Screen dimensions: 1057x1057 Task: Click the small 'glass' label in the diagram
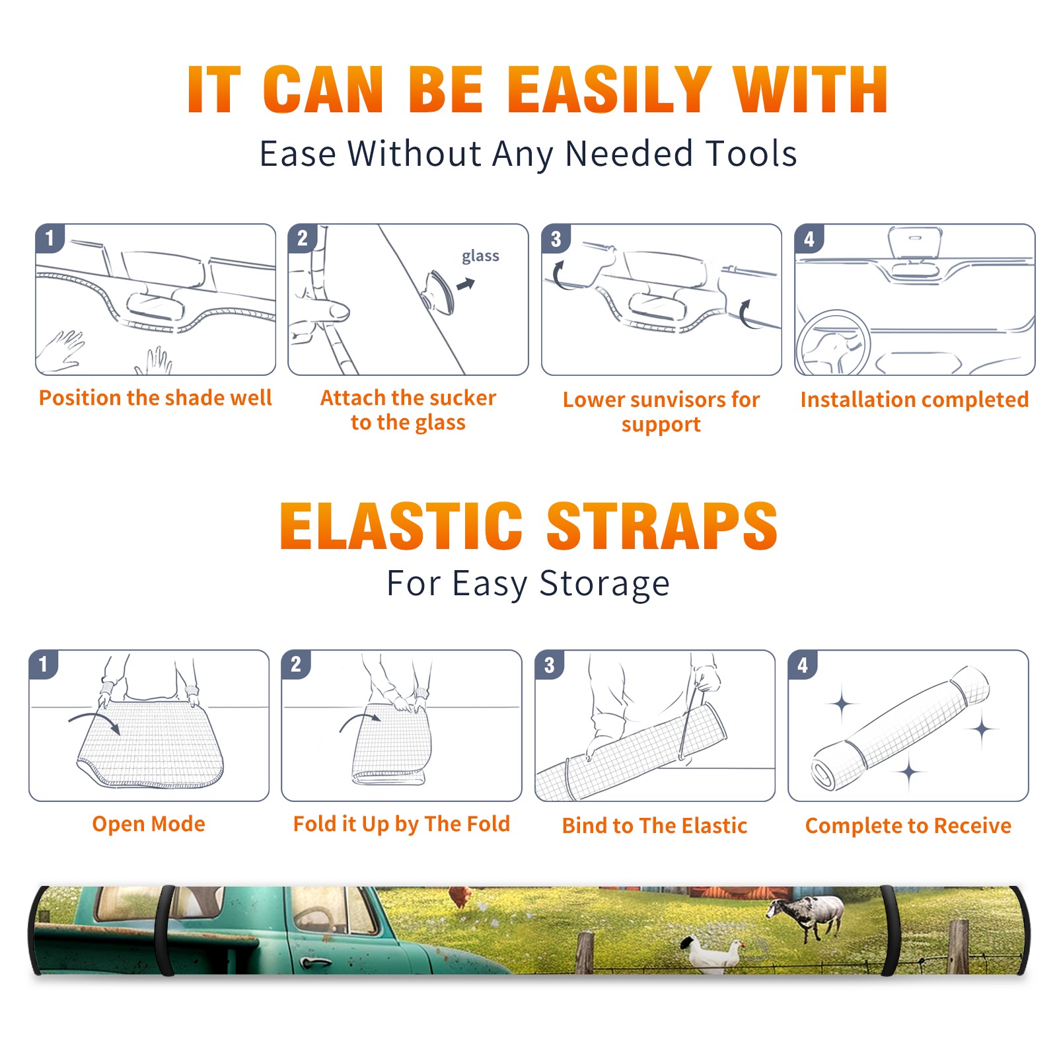point(480,256)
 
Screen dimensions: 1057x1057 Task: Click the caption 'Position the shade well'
point(155,398)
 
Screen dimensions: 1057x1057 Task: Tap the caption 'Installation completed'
point(914,399)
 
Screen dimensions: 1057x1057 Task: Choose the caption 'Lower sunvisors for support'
point(661,411)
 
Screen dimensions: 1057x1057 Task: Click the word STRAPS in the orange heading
point(662,526)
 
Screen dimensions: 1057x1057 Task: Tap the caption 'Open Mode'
point(149,824)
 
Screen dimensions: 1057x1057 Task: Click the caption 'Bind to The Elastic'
point(655,826)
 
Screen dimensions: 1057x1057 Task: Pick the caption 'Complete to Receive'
point(908,826)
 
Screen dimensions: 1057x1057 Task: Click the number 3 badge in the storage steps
point(550,665)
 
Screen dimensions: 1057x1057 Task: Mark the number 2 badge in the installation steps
point(303,238)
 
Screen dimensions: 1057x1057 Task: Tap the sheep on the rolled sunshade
point(806,916)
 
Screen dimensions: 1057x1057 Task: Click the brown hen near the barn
point(461,896)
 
